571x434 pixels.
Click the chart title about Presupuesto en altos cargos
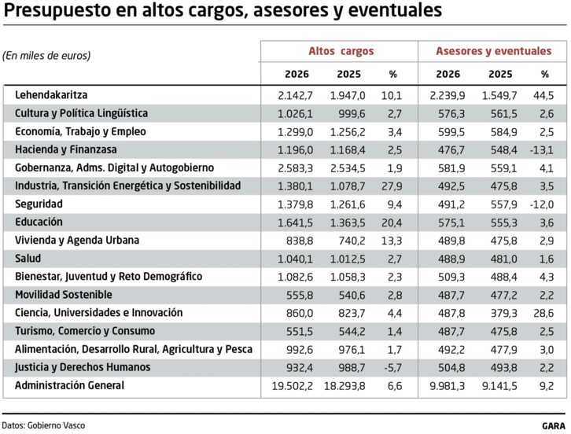click(x=223, y=12)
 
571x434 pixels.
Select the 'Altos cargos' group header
click(x=341, y=51)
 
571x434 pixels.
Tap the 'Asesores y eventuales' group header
click(x=494, y=51)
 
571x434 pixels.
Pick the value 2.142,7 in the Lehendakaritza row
click(x=295, y=95)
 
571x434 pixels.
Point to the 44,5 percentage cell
click(x=543, y=95)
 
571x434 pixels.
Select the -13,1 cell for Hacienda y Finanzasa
click(x=541, y=149)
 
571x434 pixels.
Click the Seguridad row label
click(x=41, y=204)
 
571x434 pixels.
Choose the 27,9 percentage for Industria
click(x=391, y=186)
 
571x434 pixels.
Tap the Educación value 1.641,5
click(x=295, y=222)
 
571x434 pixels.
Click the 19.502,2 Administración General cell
click(x=292, y=385)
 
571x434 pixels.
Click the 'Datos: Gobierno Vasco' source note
click(x=43, y=425)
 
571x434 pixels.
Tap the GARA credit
click(x=554, y=425)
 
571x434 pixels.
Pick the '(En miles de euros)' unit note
click(x=46, y=55)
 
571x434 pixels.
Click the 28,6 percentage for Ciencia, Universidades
click(x=543, y=313)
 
